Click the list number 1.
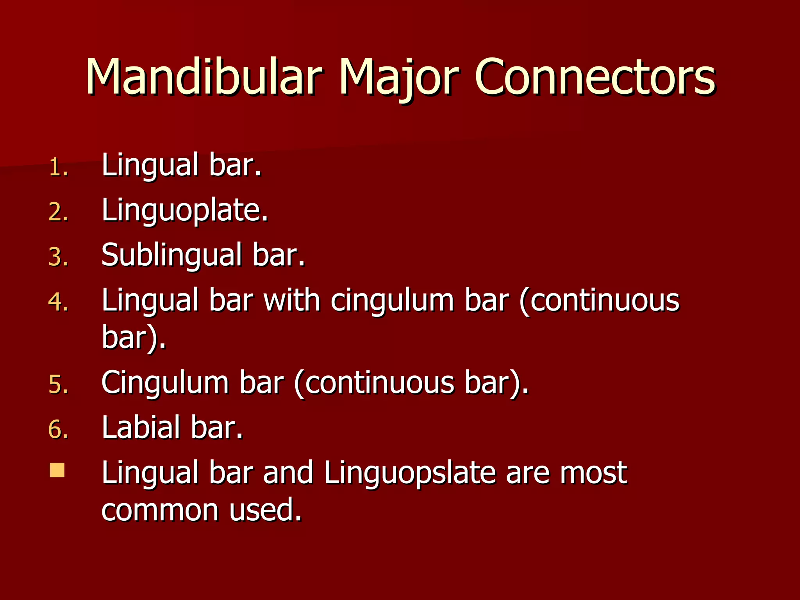pos(58,168)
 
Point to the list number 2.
pos(58,213)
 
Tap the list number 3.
pos(58,258)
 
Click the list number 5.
pos(58,385)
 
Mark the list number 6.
pos(58,430)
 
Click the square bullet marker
pos(57,470)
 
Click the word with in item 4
pos(291,301)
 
